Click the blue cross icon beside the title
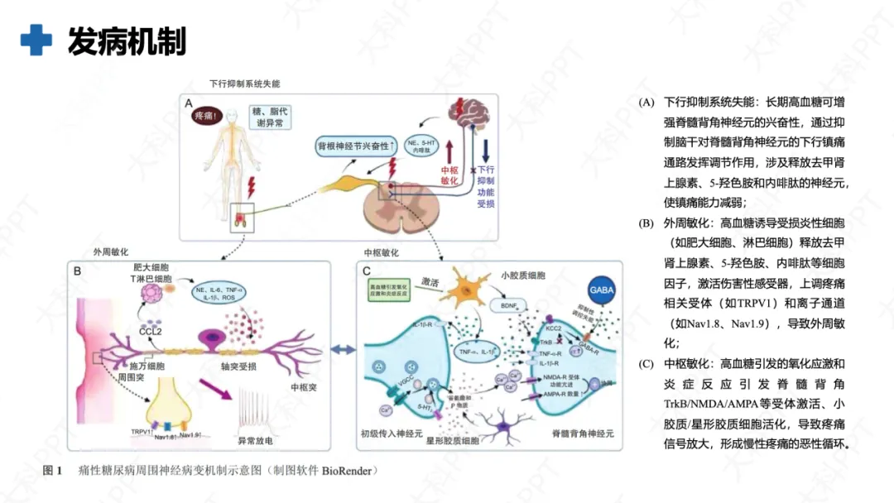36,41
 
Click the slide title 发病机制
127,41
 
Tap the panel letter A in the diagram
189,103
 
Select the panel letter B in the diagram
77,271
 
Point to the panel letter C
367,271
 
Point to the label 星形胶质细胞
452,442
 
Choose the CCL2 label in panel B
150,332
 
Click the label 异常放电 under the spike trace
255,440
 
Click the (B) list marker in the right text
646,223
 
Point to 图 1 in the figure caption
52,471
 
